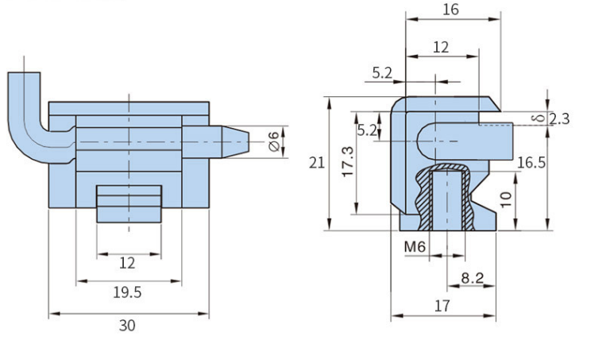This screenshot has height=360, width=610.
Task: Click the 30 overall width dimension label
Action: click(126, 325)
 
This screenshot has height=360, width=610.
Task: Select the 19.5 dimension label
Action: click(126, 292)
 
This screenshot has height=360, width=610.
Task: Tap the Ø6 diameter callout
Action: click(274, 142)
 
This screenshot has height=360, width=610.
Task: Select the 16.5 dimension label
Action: click(530, 163)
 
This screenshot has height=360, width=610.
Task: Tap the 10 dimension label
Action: click(506, 195)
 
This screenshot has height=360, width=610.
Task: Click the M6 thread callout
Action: click(415, 247)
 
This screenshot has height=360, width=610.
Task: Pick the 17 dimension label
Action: click(442, 305)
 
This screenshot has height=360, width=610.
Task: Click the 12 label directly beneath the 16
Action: click(441, 47)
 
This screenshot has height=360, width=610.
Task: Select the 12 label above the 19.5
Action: click(126, 262)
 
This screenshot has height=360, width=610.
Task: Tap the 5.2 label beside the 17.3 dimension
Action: click(366, 130)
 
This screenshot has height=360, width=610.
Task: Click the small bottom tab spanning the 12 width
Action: click(129, 203)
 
